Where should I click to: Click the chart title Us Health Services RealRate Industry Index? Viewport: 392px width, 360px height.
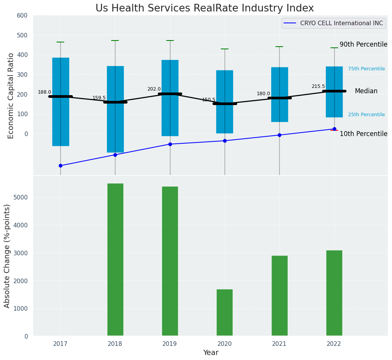[x=204, y=8]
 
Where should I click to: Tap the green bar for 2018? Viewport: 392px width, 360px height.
[x=115, y=259]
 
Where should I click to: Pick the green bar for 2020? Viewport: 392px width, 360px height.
[x=225, y=313]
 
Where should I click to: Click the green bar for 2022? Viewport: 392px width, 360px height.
[x=334, y=293]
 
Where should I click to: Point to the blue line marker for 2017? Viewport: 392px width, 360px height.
[x=60, y=165]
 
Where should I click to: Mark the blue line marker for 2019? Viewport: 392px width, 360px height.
[x=170, y=144]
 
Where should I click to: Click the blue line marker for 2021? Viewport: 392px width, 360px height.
[x=279, y=135]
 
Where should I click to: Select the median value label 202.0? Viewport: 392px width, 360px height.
[x=154, y=89]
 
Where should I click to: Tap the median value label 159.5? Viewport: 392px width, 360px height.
[x=99, y=98]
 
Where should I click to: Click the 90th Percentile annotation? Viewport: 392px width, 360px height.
[x=363, y=44]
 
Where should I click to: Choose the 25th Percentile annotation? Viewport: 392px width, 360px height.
[x=366, y=115]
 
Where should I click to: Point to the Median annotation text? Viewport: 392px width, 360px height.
[x=366, y=91]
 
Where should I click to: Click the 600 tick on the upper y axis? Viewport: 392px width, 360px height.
[x=22, y=15]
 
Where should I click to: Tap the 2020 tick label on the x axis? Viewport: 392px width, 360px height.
[x=225, y=344]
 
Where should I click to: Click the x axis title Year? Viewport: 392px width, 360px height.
[x=211, y=353]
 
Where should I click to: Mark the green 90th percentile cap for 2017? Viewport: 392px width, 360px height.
[x=60, y=42]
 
